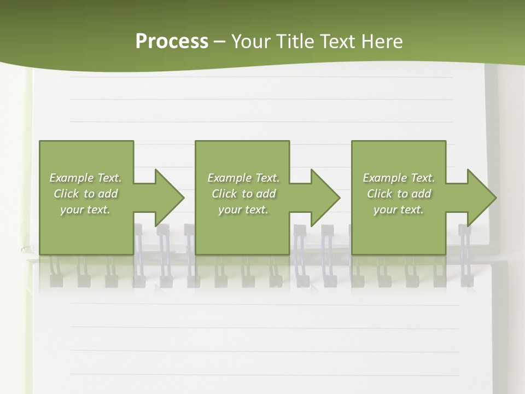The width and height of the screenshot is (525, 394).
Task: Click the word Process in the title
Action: pos(172,42)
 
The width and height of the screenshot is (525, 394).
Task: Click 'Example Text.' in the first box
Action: pos(85,178)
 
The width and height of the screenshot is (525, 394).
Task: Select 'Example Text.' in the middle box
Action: pos(243,178)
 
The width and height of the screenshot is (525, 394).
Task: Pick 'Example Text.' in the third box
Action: pos(399,178)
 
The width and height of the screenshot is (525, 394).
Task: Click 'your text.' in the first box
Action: pos(85,210)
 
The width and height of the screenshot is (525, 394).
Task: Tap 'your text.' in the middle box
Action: pos(243,210)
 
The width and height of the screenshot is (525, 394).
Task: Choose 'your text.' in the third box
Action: pos(399,210)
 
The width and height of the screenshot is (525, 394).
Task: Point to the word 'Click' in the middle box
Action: pos(224,194)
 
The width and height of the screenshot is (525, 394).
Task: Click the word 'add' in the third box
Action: pos(421,194)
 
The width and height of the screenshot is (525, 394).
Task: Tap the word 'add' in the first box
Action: pos(108,194)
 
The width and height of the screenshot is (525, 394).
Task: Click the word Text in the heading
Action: pos(337,42)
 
